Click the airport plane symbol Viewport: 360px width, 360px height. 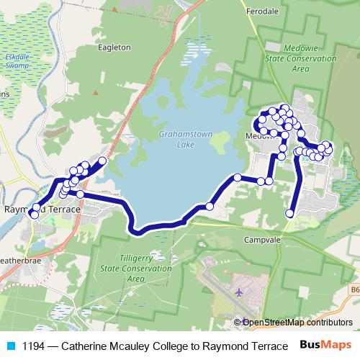coord(240,292)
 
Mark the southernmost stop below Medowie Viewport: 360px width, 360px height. coord(290,212)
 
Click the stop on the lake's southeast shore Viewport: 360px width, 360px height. coord(210,207)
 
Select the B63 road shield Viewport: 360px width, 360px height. coord(355,289)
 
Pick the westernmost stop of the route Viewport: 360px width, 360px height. coord(32,213)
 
